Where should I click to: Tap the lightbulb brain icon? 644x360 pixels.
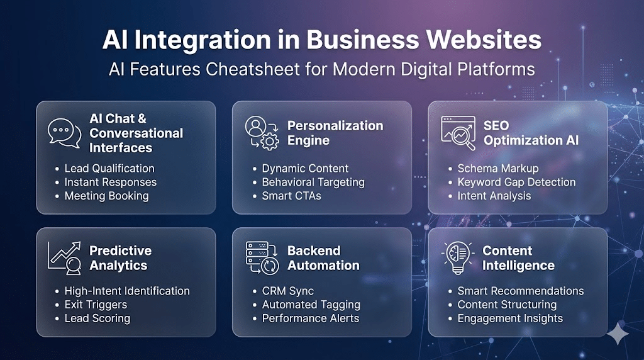(x=458, y=257)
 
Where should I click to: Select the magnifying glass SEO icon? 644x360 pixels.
(x=458, y=133)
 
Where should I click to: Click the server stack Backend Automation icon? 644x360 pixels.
(x=262, y=257)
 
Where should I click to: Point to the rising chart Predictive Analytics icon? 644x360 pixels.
(x=65, y=257)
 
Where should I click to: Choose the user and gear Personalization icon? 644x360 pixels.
(x=262, y=133)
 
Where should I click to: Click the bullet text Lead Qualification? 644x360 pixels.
(x=109, y=169)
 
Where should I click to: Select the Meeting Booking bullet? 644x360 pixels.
(x=106, y=196)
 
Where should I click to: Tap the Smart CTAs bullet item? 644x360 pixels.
(x=292, y=196)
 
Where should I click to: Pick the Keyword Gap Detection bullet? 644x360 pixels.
(x=517, y=182)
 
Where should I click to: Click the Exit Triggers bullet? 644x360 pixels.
(x=96, y=305)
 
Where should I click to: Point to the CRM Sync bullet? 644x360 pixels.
(x=288, y=291)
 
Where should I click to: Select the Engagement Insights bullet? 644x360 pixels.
(x=510, y=318)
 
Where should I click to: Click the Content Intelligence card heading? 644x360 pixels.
(x=518, y=258)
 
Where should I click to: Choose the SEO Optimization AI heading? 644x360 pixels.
(x=531, y=133)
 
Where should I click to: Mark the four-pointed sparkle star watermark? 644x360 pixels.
(x=618, y=334)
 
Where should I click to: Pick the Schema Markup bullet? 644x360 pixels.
(x=498, y=169)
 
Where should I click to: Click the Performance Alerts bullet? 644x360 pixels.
(x=311, y=318)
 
